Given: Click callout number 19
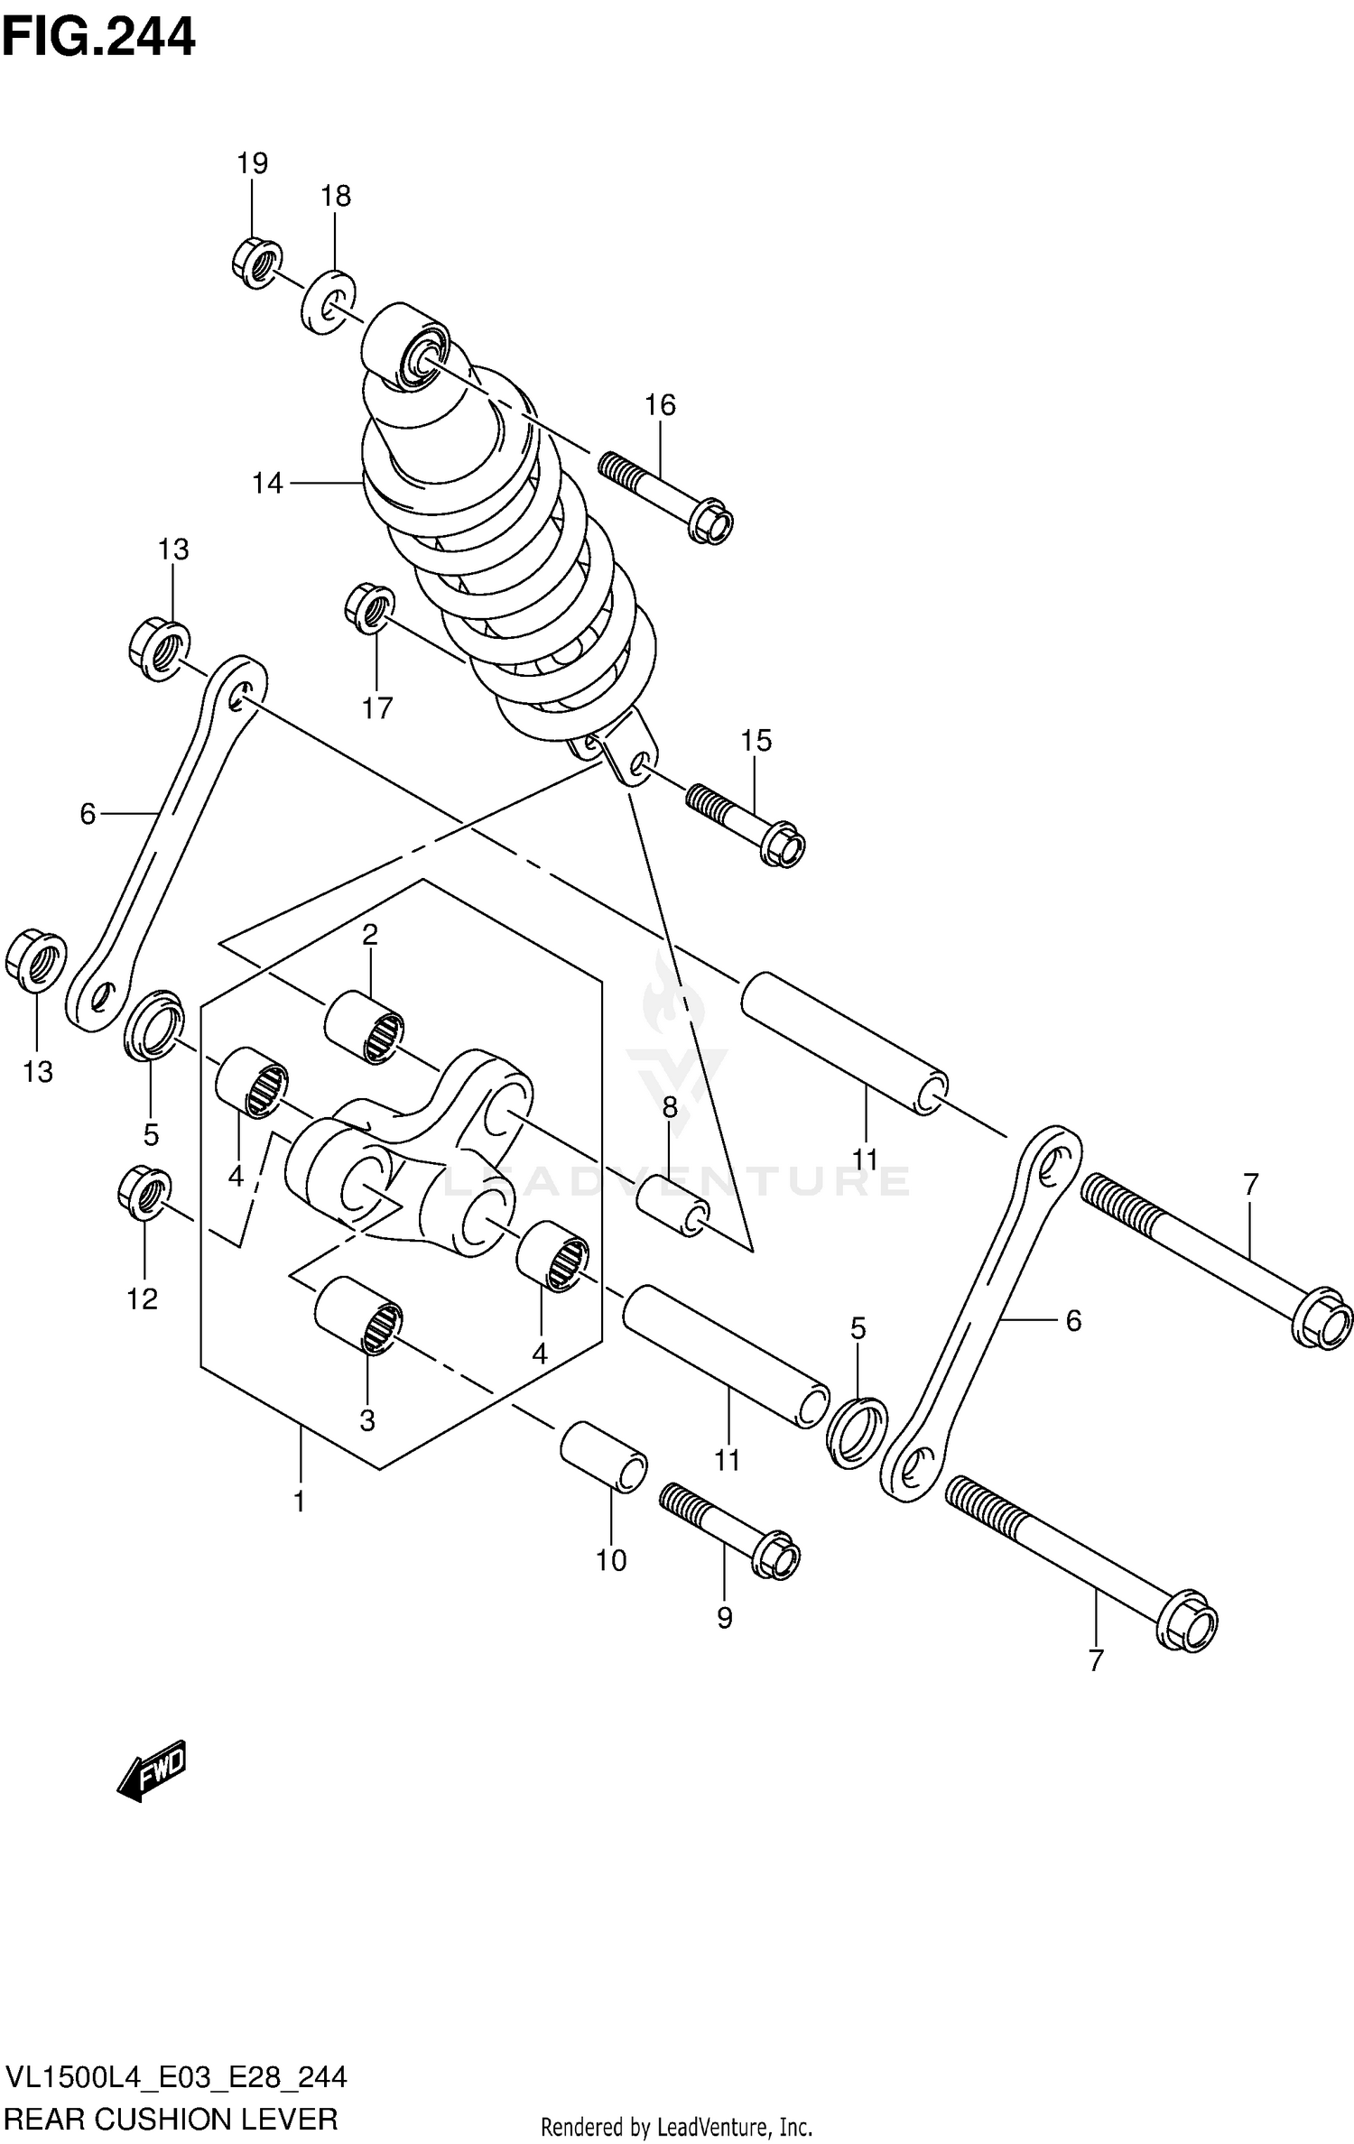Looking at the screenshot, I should [253, 163].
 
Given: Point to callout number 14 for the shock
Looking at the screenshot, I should [267, 484].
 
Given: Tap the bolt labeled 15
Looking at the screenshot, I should [746, 821].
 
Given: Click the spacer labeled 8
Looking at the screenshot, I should [672, 1207].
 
